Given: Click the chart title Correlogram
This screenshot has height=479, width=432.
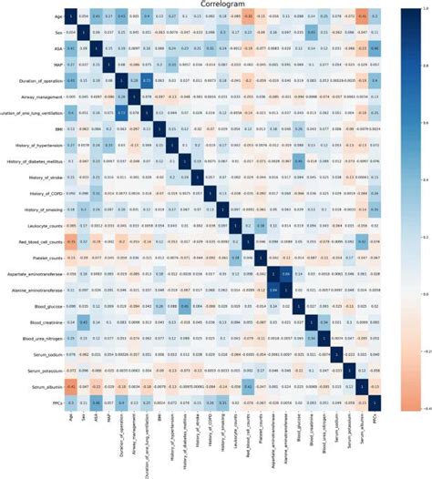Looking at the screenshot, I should (217, 5).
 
